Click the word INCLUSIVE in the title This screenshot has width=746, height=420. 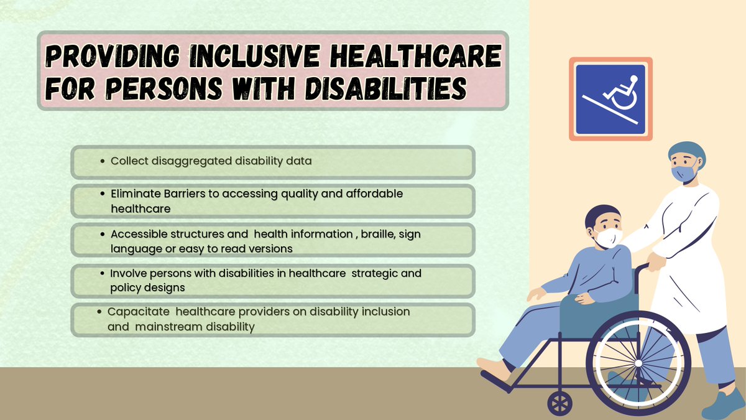(x=254, y=57)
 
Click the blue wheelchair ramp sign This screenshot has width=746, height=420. (x=610, y=99)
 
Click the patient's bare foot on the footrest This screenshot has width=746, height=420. (x=494, y=371)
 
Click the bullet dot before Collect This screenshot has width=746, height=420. (x=103, y=161)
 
